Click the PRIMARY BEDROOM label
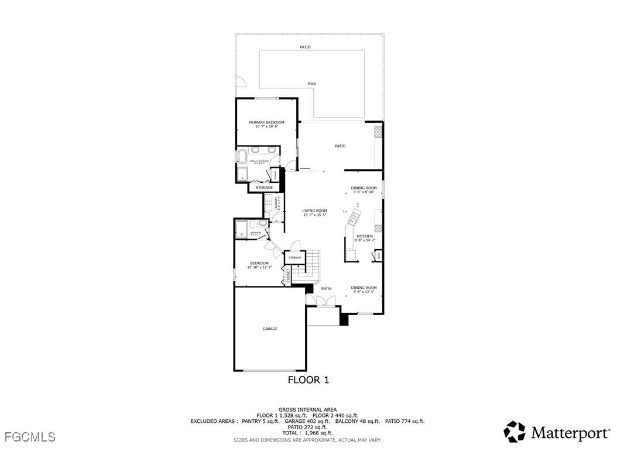[266, 123]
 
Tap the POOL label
[312, 84]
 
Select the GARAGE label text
[270, 329]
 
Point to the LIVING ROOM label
[314, 211]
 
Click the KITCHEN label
[365, 236]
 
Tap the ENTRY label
[327, 288]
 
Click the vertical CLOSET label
[289, 275]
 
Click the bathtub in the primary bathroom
[241, 157]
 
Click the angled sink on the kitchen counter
[354, 219]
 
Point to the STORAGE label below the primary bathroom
[264, 188]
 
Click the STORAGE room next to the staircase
[294, 257]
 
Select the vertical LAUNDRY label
[276, 202]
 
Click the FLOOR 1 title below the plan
[308, 380]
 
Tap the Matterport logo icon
[515, 432]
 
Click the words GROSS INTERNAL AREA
[307, 409]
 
